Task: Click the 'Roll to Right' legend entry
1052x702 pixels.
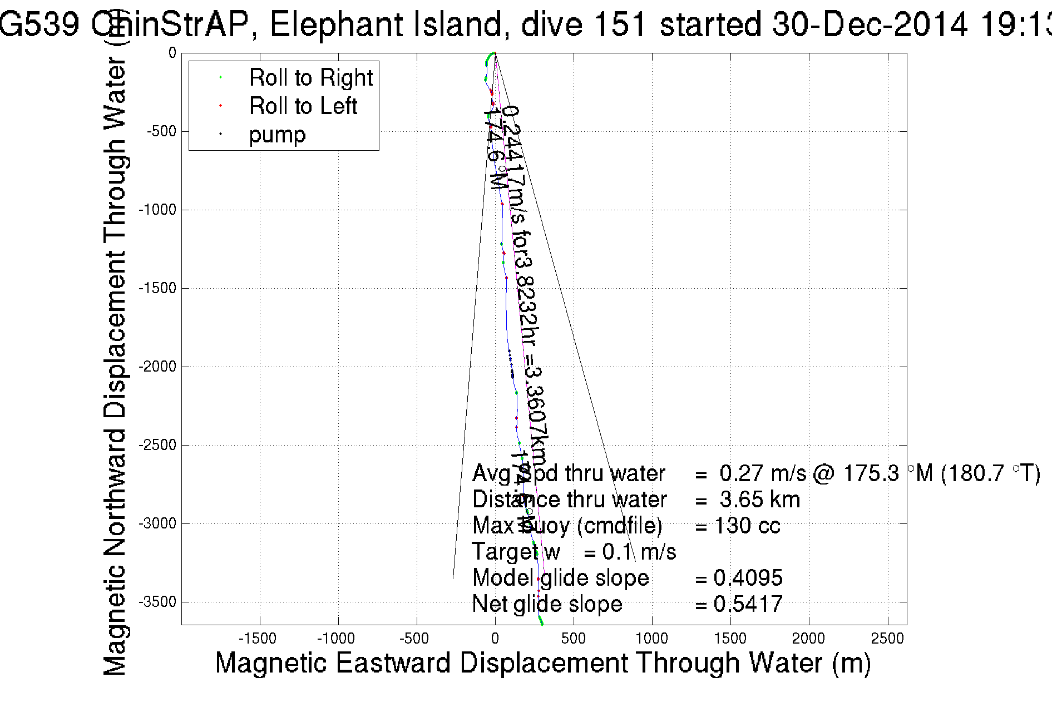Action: pyautogui.click(x=310, y=77)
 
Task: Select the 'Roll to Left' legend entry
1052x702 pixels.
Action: pyautogui.click(x=303, y=106)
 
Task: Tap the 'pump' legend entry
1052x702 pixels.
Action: pyautogui.click(x=277, y=135)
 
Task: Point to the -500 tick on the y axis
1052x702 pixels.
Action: pyautogui.click(x=161, y=132)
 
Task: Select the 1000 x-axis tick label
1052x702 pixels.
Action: pyautogui.click(x=651, y=639)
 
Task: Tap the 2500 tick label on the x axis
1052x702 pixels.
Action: pyautogui.click(x=887, y=639)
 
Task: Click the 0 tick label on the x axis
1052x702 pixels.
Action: pyautogui.click(x=495, y=639)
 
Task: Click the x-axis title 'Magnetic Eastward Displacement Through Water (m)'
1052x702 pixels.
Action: pyautogui.click(x=542, y=663)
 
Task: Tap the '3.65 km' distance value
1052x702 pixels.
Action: pyautogui.click(x=759, y=500)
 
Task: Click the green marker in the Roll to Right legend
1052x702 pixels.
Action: pyautogui.click(x=221, y=77)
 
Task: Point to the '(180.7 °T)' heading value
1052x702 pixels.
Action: pyautogui.click(x=990, y=473)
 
